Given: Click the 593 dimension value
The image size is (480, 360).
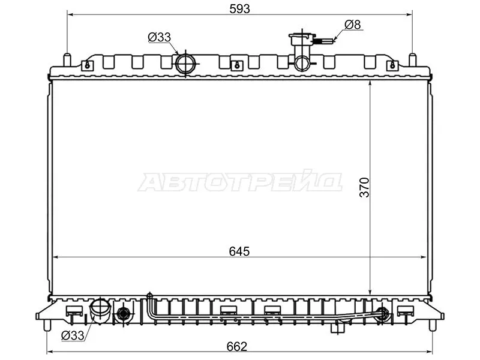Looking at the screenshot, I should tap(239, 8).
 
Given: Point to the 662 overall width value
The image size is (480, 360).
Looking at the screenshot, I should tap(238, 345).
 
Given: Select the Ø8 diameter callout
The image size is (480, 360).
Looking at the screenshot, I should tap(353, 25).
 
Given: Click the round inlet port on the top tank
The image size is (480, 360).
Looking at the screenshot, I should tap(185, 63).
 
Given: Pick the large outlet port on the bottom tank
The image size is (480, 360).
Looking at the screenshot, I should tap(99, 310).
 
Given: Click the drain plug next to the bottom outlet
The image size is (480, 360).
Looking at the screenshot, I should tap(124, 313).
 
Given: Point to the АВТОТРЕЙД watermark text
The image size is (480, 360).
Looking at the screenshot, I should tap(240, 182).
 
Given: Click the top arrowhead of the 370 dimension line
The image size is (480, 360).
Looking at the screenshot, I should tap(370, 84).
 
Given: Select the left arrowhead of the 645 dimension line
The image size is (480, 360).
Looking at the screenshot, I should tap(56, 257).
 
